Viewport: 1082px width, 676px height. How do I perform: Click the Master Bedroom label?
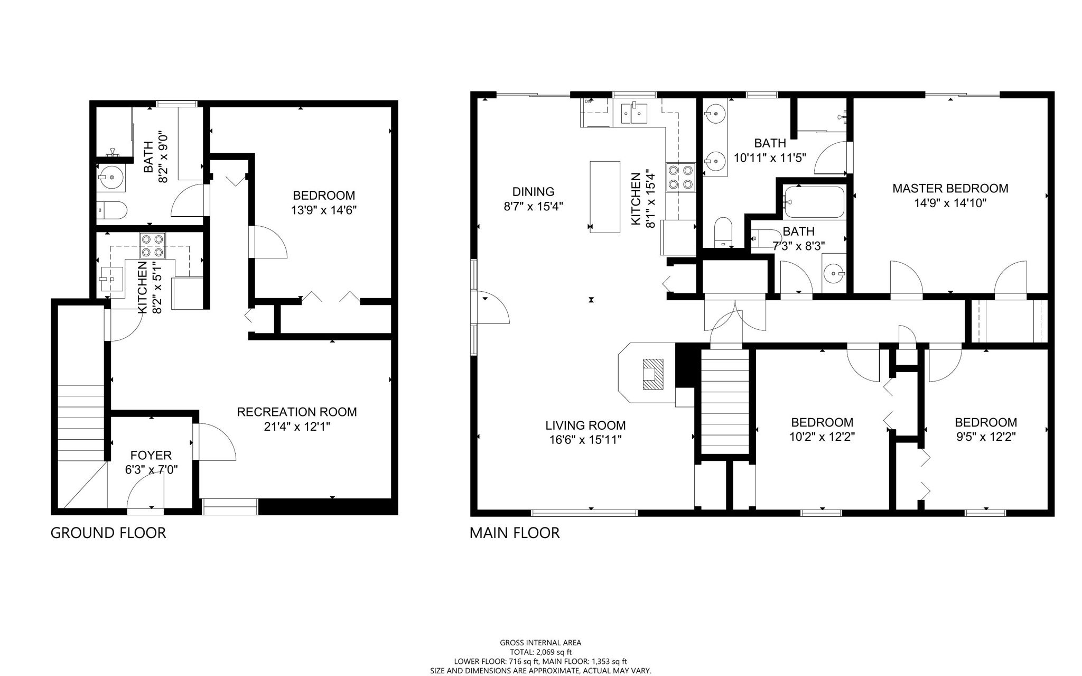(950, 188)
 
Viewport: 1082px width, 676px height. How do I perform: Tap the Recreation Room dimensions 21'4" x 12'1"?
(297, 427)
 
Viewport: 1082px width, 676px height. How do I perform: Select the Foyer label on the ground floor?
(151, 455)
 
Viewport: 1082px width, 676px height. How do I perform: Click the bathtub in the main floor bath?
(814, 202)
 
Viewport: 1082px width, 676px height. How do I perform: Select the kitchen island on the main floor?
(605, 197)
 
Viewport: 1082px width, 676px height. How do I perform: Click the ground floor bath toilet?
(112, 210)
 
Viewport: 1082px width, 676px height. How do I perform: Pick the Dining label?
(534, 192)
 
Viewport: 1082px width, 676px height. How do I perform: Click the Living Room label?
(585, 425)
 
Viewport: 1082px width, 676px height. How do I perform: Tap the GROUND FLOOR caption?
(108, 533)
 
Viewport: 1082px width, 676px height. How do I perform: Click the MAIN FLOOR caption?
(515, 533)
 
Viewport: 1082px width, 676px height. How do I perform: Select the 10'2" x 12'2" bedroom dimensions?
(822, 437)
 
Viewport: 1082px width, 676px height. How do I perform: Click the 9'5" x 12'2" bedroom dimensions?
(986, 437)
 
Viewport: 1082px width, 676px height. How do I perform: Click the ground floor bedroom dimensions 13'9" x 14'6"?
(324, 210)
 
